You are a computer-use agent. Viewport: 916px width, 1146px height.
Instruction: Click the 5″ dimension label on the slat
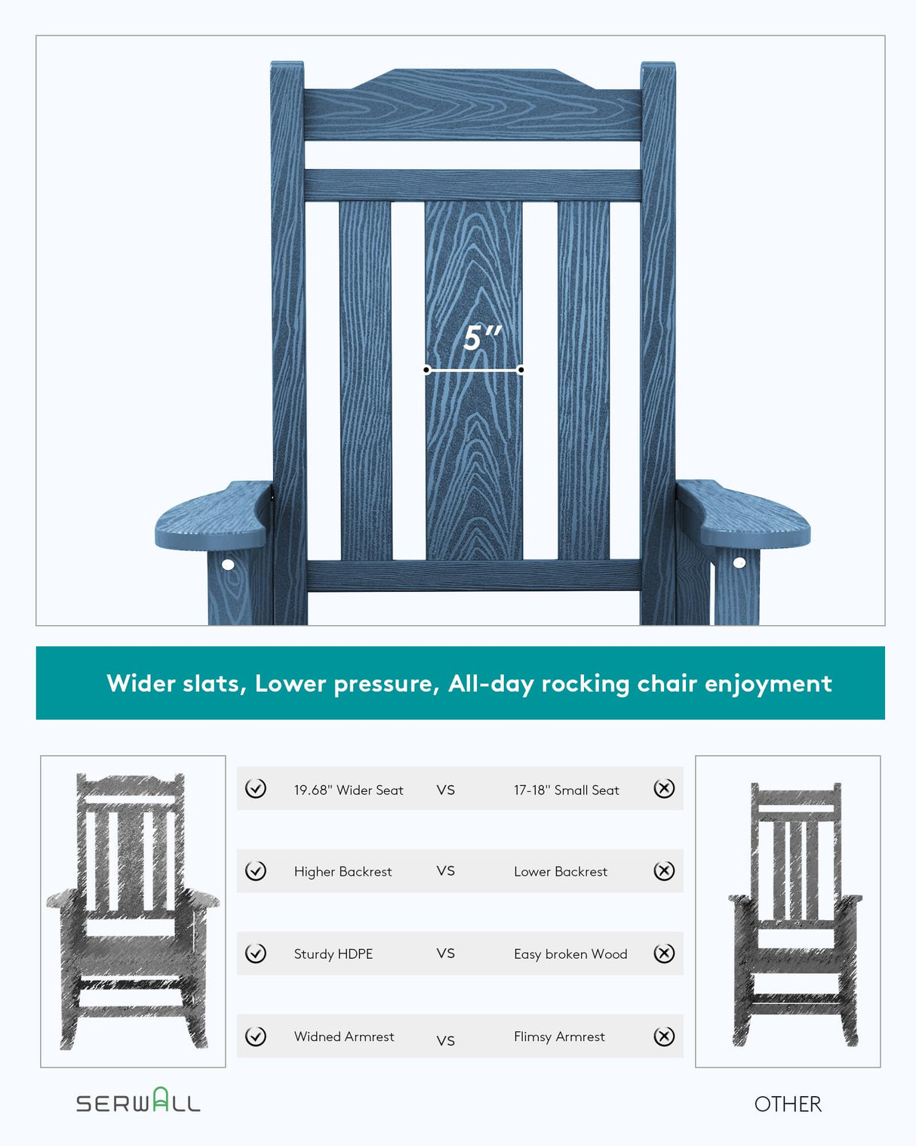[482, 337]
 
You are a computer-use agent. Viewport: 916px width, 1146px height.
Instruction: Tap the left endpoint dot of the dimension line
[427, 370]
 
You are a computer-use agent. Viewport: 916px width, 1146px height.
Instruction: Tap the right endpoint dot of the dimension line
[521, 370]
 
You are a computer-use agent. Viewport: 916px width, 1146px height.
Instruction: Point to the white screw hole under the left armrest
[228, 564]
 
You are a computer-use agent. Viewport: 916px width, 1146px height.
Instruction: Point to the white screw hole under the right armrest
[739, 562]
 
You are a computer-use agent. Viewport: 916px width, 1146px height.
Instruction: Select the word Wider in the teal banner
[141, 683]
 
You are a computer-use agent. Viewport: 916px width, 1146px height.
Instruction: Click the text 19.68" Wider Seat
[349, 790]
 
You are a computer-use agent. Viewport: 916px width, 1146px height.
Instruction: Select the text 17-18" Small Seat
[566, 790]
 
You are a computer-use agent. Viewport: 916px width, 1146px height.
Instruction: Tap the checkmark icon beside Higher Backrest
[256, 871]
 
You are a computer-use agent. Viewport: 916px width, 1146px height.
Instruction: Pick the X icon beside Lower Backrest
[664, 871]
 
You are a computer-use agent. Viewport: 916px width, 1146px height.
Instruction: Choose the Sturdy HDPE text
[334, 954]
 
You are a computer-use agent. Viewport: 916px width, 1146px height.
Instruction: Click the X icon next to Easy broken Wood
[664, 953]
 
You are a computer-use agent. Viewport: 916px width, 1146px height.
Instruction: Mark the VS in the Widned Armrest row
[446, 1040]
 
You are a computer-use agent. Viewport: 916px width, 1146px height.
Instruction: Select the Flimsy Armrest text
[559, 1037]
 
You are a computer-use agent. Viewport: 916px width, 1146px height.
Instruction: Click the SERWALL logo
[138, 1102]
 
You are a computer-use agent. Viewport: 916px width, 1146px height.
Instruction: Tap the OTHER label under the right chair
[788, 1104]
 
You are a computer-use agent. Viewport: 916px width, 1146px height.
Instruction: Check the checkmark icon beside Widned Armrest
[256, 1037]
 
